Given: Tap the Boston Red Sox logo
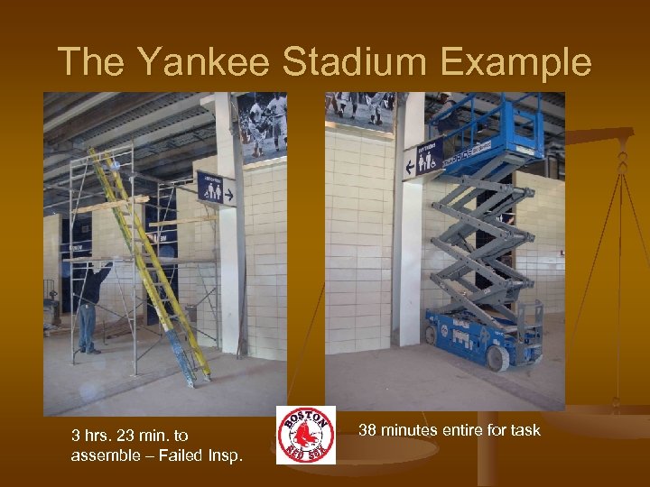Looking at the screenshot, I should tap(306, 435).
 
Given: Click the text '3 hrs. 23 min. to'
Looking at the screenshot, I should tap(129, 436).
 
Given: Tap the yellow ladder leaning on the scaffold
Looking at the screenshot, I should tap(153, 262).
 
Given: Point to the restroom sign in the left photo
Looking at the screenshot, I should tap(216, 188).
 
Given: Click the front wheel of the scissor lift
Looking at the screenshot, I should tap(496, 359).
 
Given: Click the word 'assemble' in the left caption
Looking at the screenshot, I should tap(101, 455).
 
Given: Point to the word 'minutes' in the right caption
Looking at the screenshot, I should tap(413, 430).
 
